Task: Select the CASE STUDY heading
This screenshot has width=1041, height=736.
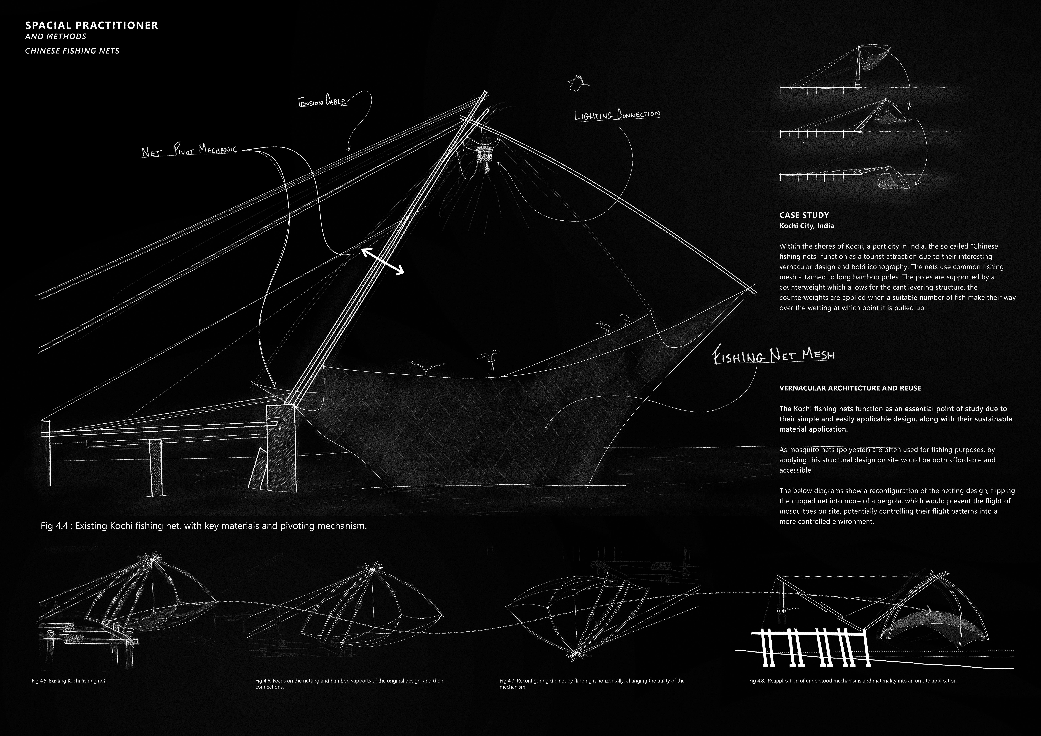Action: click(804, 215)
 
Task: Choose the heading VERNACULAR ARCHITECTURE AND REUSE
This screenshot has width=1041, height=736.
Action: click(850, 388)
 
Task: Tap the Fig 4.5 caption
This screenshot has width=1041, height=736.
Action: click(68, 681)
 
